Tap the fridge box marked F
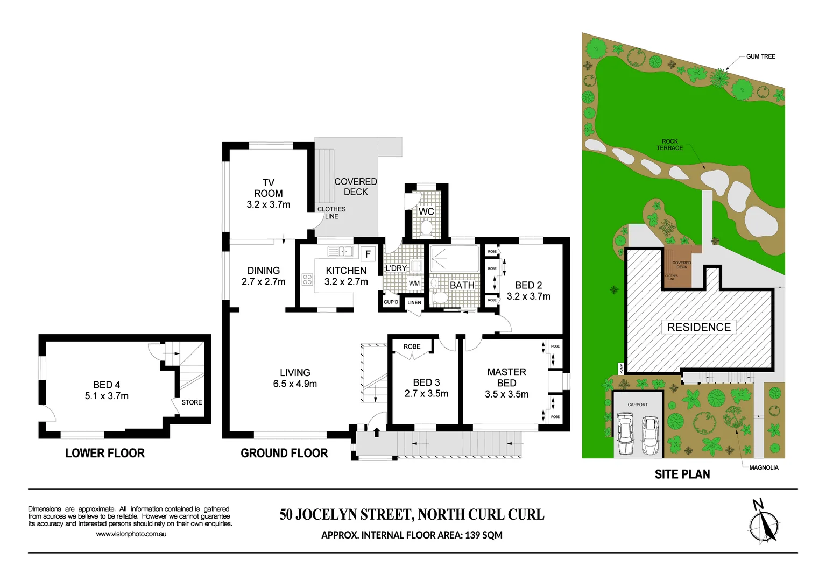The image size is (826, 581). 368,254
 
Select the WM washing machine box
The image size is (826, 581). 414,283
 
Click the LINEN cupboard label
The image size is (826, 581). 414,303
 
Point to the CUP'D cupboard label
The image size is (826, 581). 391,302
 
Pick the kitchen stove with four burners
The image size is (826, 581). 307,279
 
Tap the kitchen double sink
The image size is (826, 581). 340,251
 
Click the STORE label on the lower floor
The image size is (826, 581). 192,402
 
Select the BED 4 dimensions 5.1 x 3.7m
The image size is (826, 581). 107,396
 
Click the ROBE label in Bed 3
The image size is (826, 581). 412,346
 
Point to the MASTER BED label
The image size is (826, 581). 506,377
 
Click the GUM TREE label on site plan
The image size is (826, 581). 760,56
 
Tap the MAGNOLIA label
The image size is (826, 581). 764,467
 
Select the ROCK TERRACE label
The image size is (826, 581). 669,145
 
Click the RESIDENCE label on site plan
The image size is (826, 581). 699,327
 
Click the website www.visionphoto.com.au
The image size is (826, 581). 131,534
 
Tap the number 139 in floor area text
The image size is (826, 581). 472,535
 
